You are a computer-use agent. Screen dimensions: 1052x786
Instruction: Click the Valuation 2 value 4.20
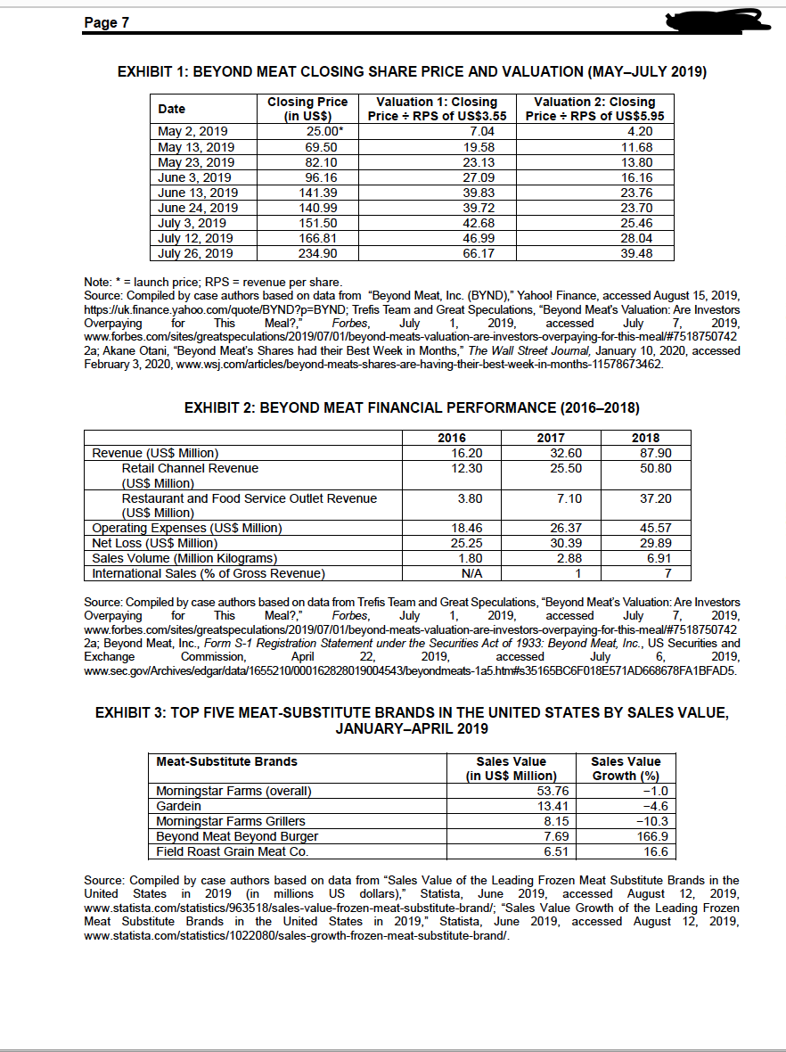636,131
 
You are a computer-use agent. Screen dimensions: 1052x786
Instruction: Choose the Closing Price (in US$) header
307,109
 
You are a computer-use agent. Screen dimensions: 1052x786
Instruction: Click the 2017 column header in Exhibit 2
550,438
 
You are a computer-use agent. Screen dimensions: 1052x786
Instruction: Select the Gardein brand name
178,806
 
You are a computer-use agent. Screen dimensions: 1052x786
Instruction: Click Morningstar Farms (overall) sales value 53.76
541,791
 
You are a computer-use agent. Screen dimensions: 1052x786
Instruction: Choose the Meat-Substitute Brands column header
226,761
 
